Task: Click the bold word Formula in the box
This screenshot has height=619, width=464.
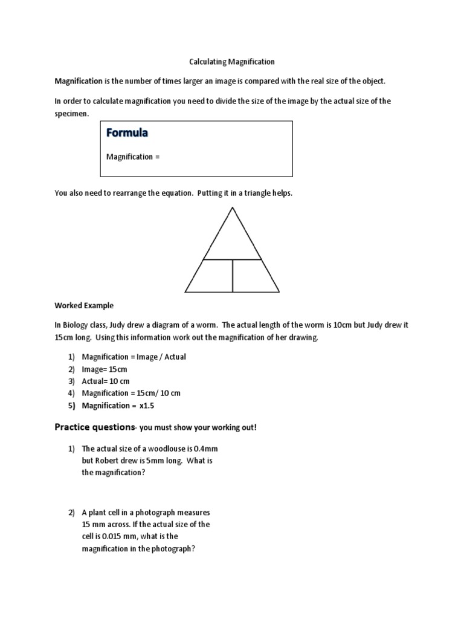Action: click(129, 132)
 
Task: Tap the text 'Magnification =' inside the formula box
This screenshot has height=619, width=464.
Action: click(133, 157)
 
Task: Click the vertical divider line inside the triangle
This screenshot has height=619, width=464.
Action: click(232, 275)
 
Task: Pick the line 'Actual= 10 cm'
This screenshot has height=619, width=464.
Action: click(106, 381)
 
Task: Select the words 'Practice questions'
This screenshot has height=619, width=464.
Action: click(94, 427)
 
